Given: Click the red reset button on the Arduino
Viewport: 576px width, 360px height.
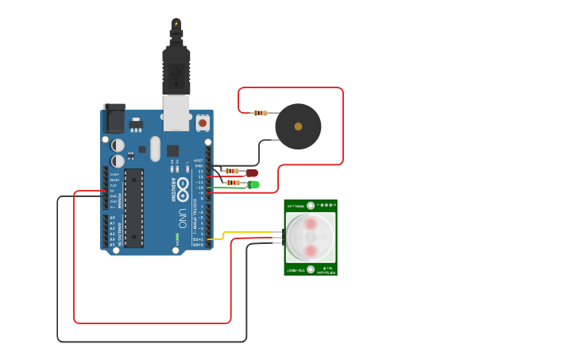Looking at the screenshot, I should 202,123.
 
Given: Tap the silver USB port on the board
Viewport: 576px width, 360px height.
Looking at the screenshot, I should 176,113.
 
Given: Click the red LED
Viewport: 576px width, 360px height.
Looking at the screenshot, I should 252,172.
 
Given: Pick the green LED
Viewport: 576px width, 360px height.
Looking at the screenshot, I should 253,184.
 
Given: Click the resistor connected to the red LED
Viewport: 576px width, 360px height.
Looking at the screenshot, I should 232,171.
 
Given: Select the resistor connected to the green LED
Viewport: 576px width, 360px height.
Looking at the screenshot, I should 233,183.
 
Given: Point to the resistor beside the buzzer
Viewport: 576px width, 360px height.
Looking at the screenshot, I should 260,113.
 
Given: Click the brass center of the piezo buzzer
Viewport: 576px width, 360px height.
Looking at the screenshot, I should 298,126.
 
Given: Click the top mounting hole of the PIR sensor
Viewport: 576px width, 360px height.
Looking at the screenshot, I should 311,206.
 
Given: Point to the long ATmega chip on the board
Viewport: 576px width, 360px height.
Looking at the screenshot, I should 133,207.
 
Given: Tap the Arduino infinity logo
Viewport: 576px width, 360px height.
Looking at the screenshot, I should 183,190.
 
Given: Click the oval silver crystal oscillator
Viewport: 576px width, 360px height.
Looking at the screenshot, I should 155,149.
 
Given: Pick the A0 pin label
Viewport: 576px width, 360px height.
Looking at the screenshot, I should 112,217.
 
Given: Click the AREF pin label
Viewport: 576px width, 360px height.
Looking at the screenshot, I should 199,160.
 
